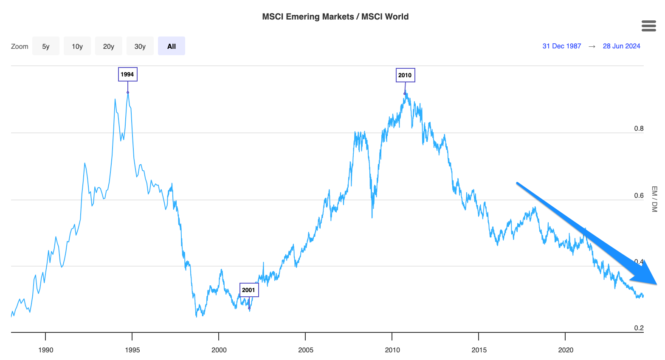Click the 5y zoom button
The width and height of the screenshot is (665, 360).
(46, 46)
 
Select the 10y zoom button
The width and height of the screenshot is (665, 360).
(77, 46)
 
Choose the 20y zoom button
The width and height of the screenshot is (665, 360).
(109, 46)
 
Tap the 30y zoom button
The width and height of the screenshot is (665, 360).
(140, 46)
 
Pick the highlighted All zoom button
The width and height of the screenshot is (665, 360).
(172, 46)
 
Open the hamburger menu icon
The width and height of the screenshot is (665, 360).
(649, 26)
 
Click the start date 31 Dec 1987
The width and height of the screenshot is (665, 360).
(561, 46)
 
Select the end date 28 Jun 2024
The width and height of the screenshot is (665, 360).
(621, 46)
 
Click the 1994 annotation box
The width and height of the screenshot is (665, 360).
(127, 74)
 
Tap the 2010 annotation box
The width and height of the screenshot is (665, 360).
(405, 75)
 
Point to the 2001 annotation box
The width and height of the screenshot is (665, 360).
(249, 290)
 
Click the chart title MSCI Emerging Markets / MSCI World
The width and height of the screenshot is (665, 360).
(335, 17)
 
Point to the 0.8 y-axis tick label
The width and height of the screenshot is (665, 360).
(639, 129)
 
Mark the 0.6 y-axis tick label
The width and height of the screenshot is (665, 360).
(639, 196)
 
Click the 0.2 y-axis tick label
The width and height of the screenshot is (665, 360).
(639, 328)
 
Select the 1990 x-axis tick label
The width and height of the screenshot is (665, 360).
(46, 350)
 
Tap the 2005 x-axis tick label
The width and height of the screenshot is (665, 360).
(306, 350)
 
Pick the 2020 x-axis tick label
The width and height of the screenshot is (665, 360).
(566, 350)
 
